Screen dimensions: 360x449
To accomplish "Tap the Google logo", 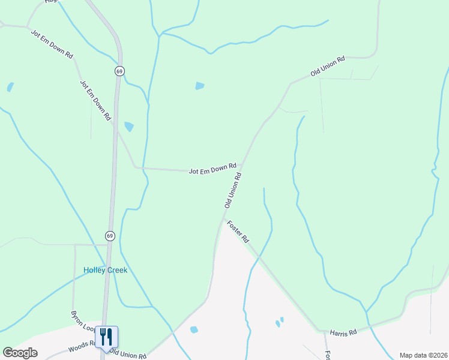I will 20,353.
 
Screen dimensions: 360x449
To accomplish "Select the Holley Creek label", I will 105,271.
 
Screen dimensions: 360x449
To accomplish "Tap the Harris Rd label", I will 343,332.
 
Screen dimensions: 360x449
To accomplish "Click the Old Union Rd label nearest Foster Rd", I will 233,191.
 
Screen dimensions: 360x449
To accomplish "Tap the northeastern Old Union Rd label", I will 328,66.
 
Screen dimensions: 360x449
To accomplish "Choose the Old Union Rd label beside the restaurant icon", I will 128,355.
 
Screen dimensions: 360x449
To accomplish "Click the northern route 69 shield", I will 120,71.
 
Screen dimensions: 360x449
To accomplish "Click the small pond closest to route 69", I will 128,127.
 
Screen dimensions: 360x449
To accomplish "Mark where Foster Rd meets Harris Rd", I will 318,329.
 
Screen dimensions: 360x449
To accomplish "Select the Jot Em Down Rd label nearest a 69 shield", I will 96,100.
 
